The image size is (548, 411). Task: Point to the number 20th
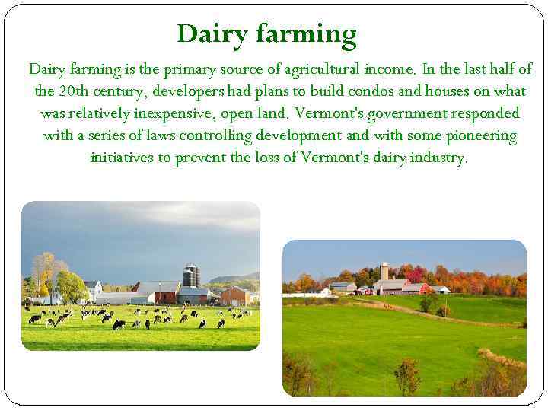[74, 91]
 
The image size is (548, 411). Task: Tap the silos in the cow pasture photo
[191, 275]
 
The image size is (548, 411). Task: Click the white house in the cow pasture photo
[93, 289]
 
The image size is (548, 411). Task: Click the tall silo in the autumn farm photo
[385, 272]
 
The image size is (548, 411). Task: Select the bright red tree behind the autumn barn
[414, 275]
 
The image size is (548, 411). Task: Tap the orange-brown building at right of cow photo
[235, 296]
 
